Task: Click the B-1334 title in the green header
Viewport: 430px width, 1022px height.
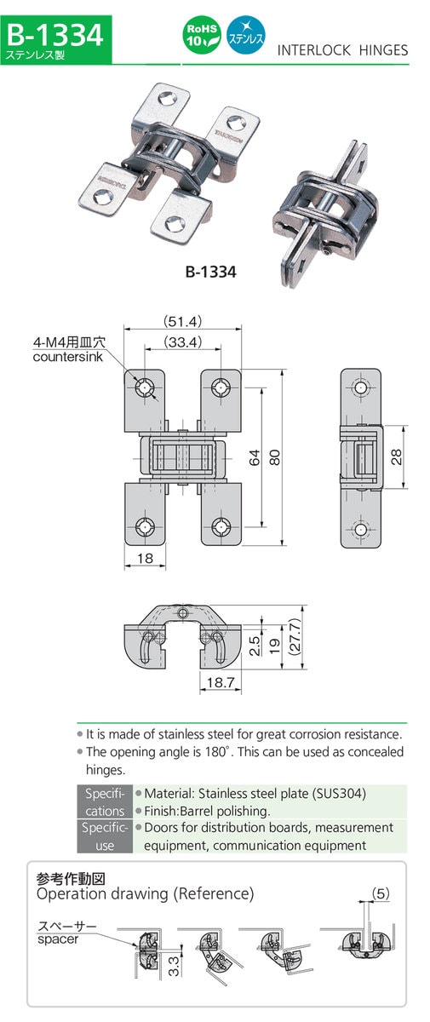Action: point(55,34)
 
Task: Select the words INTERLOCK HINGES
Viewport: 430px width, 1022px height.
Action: point(342,50)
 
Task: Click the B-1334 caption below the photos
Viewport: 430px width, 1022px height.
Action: point(210,273)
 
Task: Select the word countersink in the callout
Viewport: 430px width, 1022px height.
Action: point(67,357)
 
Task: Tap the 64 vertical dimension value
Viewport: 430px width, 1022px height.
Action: point(254,457)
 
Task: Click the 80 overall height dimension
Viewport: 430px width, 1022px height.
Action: point(274,457)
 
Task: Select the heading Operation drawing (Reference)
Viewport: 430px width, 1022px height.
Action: point(145,893)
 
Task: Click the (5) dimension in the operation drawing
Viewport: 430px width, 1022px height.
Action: point(382,893)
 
